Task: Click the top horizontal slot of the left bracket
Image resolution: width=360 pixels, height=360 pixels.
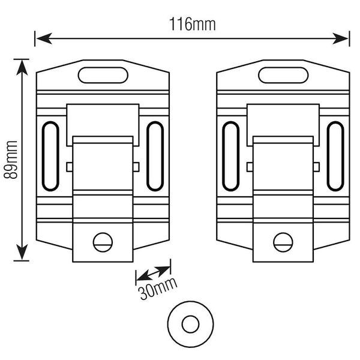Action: tap(103, 76)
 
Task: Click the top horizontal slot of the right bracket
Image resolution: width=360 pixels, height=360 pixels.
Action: tap(283, 76)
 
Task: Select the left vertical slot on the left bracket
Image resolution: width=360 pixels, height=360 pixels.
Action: tap(50, 156)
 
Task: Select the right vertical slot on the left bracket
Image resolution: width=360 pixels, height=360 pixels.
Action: tap(155, 156)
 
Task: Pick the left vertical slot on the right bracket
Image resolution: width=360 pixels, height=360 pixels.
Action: tap(230, 156)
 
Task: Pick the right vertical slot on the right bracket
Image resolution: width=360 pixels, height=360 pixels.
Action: tap(335, 156)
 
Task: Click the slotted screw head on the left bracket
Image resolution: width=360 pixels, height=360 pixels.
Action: tap(103, 242)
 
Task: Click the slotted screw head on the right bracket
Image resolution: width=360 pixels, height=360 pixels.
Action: tap(283, 242)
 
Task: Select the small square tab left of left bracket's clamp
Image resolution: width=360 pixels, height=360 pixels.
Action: tap(69, 166)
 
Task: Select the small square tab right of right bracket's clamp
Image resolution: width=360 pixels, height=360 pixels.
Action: tap(316, 166)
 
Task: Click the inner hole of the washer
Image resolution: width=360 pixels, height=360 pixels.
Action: tap(190, 325)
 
